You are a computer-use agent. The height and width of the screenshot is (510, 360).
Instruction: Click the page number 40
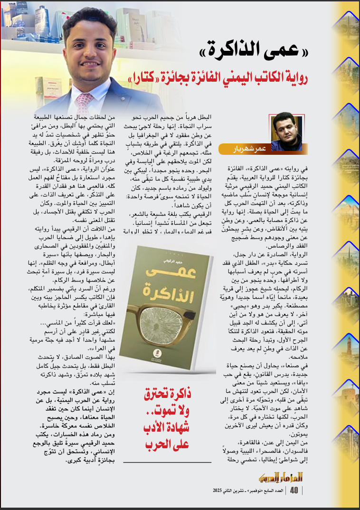[x=294, y=490]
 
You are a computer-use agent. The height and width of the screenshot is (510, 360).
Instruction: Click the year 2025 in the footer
[x=220, y=490]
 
